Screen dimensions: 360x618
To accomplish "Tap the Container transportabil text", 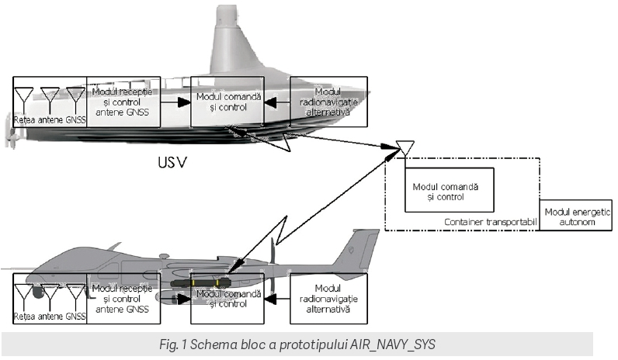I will point(491,223).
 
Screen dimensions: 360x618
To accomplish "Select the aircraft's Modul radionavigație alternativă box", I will point(322,299).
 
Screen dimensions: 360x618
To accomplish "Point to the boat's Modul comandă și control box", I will point(227,102).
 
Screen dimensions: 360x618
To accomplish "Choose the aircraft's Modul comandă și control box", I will point(227,299).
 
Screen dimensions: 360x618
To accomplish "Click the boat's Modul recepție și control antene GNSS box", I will point(124,102).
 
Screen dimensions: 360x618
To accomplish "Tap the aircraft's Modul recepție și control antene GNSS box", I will point(124,299).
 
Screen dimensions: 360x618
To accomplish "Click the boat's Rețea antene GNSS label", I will point(49,120).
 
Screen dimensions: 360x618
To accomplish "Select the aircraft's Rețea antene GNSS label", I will point(49,317).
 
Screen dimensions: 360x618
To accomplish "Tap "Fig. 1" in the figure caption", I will point(187,343).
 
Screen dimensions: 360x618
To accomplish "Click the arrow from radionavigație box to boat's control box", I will point(276,102).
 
